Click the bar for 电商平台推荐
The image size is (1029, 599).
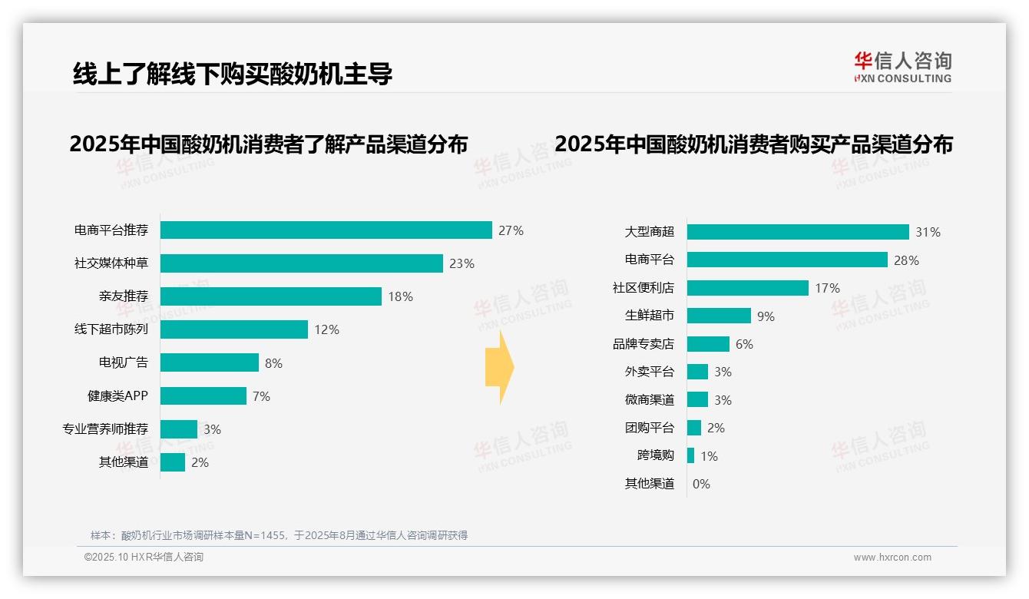326,230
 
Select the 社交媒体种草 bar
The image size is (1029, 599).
301,263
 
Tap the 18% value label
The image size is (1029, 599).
400,296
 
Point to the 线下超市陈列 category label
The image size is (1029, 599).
111,329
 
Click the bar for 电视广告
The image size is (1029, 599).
209,362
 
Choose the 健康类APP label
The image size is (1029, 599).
117,396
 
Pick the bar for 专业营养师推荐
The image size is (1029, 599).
178,429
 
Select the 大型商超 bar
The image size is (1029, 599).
797,232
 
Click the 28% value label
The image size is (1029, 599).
906,260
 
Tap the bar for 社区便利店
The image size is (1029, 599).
747,288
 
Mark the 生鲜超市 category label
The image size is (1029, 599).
649,316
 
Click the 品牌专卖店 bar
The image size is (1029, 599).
707,344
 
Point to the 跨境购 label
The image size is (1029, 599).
655,455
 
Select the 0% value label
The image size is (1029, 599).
701,484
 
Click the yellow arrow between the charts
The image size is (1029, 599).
499,367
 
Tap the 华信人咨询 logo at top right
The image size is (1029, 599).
902,67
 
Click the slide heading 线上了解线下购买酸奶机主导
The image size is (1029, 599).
232,74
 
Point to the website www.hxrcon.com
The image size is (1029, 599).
892,558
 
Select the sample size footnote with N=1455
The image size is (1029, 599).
279,535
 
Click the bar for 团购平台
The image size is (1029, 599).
693,428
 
